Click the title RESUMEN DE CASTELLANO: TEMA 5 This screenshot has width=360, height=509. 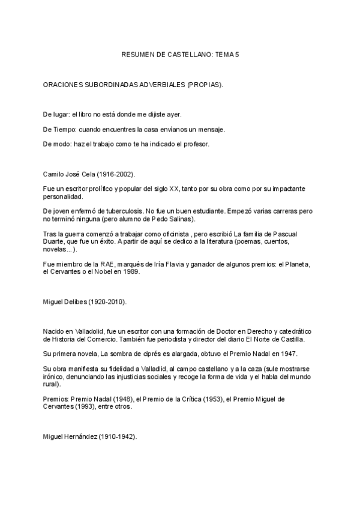tap(180, 55)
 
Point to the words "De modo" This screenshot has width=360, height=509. tap(54, 144)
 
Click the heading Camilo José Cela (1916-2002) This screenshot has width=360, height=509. tap(89, 174)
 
